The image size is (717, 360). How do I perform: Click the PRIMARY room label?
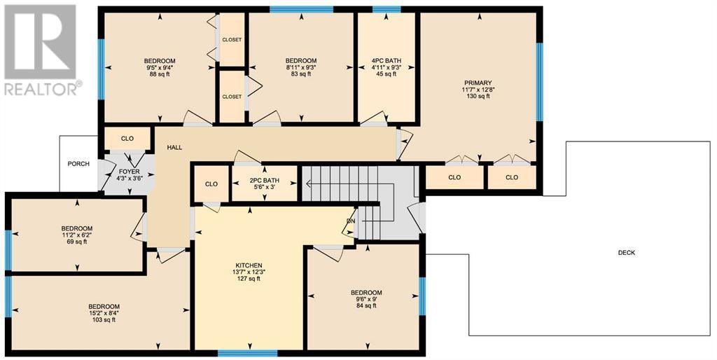tap(476, 83)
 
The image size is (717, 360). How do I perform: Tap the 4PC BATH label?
tap(386, 61)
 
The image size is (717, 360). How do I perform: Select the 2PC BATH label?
tap(264, 181)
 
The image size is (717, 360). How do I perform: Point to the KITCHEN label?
tap(249, 265)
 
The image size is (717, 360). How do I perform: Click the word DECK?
tap(626, 253)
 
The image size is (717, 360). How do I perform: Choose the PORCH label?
tap(78, 164)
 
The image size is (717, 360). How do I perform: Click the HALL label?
tap(174, 147)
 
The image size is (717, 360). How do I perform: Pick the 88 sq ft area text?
tap(160, 74)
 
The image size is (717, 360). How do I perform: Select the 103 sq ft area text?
tap(104, 320)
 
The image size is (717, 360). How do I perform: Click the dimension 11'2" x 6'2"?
tap(77, 235)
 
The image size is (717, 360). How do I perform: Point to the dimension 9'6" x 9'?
tap(366, 299)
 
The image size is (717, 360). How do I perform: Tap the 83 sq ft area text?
tap(301, 74)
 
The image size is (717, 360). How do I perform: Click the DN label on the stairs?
tap(351, 221)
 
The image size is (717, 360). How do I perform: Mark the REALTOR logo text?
tap(41, 89)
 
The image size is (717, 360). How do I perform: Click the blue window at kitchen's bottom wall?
tap(247, 353)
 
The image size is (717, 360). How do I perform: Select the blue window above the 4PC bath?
tap(387, 8)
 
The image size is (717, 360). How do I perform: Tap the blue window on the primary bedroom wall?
tap(540, 82)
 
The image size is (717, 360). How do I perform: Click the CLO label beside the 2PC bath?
tap(211, 184)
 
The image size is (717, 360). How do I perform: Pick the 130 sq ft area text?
tap(476, 96)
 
